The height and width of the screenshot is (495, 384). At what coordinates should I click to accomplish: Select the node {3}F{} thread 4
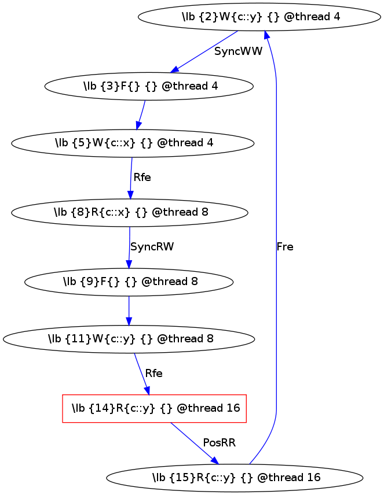click(x=149, y=86)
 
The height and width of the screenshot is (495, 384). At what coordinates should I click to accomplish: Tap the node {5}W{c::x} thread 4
click(x=133, y=143)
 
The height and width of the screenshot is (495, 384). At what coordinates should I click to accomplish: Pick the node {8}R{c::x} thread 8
click(x=129, y=212)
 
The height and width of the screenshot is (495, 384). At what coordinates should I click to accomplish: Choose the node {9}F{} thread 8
click(x=129, y=282)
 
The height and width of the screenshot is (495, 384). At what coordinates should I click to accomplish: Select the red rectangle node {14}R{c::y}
click(x=155, y=408)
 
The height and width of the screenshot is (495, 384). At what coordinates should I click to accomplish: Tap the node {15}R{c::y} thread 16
click(x=235, y=478)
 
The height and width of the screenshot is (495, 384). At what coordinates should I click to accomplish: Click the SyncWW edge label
click(x=238, y=51)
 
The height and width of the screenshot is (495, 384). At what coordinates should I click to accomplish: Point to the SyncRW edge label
click(x=152, y=247)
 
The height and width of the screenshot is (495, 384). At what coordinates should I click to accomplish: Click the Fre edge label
click(x=285, y=247)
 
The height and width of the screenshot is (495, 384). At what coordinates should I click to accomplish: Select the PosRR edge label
click(x=219, y=443)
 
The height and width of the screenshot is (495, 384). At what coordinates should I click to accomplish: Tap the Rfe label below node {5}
click(x=142, y=178)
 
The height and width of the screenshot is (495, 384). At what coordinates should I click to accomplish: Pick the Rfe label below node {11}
click(x=153, y=374)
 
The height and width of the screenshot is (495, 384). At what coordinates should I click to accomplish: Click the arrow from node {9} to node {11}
click(x=129, y=311)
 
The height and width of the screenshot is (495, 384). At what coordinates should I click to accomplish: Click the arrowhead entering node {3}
click(x=174, y=69)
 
